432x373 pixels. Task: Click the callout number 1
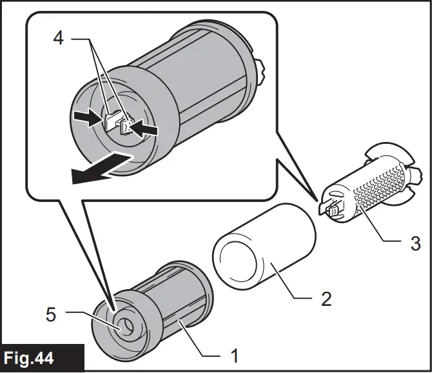(x=235, y=354)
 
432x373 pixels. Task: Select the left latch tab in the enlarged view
(x=110, y=119)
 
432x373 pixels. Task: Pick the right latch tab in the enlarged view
(x=127, y=126)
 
